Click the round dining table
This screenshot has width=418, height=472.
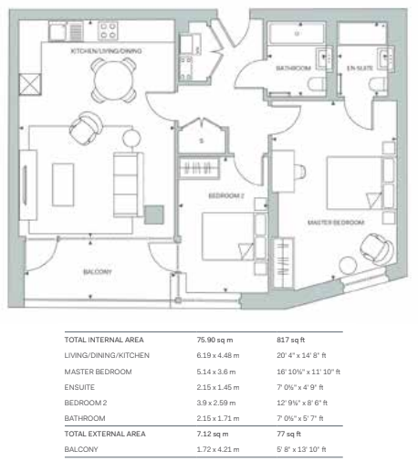point(113,80)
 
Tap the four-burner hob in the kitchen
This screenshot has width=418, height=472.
point(108,31)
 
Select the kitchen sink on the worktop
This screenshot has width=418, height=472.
point(57,32)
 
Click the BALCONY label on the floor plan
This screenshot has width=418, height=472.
point(98,272)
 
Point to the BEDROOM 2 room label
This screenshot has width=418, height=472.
point(226,195)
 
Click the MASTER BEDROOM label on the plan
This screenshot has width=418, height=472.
point(336,223)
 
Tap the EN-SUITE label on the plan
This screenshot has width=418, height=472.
point(360,68)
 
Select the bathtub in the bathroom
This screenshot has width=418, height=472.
point(297,34)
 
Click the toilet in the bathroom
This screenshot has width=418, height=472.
point(317,84)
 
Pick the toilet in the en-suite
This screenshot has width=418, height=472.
point(378,84)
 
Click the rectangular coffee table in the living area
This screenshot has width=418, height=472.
point(63,184)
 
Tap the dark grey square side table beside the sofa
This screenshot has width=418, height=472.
point(154,215)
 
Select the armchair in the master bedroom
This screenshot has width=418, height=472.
point(376,248)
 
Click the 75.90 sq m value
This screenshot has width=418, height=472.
point(214,340)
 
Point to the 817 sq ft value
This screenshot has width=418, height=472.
point(290,340)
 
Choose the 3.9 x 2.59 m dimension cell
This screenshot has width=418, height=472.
point(216,403)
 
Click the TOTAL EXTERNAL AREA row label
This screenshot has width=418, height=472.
point(105,434)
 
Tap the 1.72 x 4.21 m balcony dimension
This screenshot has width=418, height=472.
point(218,449)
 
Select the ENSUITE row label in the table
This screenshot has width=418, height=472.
point(79,387)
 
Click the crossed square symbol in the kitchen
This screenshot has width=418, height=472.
point(30,84)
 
